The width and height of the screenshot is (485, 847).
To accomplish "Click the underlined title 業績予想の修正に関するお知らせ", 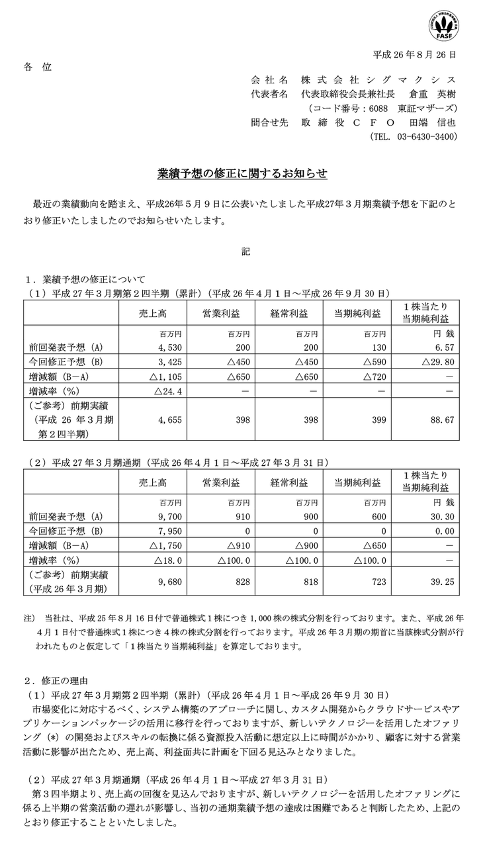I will click(x=242, y=174).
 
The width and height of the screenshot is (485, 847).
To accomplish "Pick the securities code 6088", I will click(x=378, y=108).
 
